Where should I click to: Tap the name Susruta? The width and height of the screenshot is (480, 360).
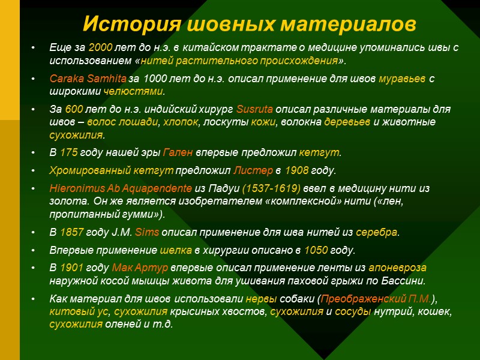pyautogui.click(x=255, y=110)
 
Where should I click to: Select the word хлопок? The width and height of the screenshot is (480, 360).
pyautogui.click(x=179, y=122)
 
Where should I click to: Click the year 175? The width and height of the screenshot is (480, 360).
pyautogui.click(x=68, y=152)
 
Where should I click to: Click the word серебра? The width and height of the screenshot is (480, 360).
pyautogui.click(x=377, y=232)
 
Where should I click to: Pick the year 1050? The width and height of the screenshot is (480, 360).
pyautogui.click(x=316, y=250)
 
